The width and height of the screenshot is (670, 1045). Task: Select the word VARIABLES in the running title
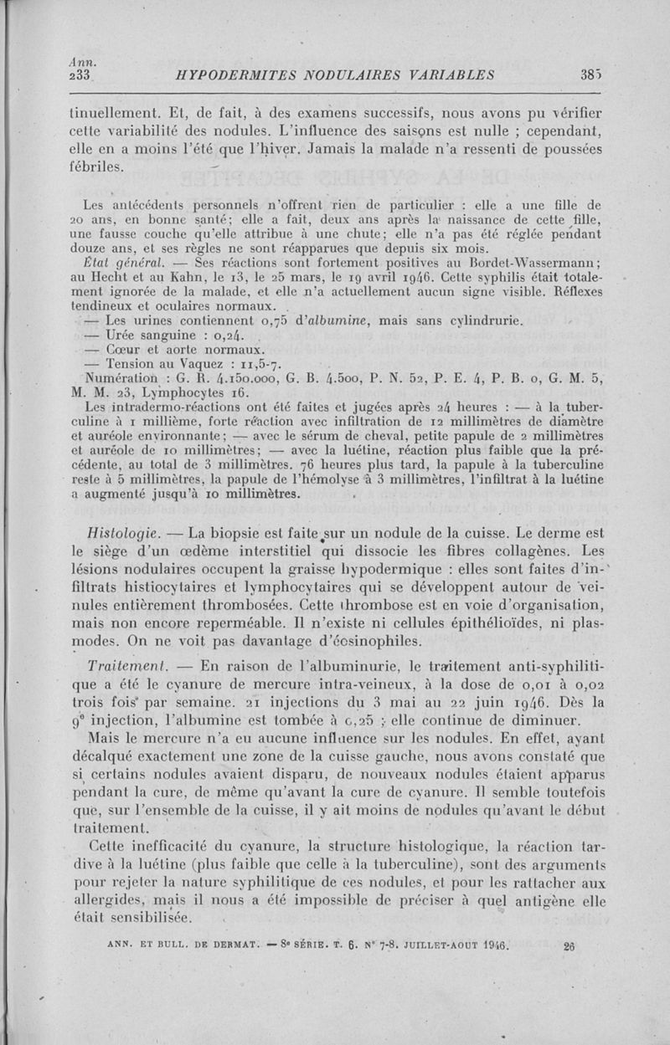[x=451, y=74]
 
